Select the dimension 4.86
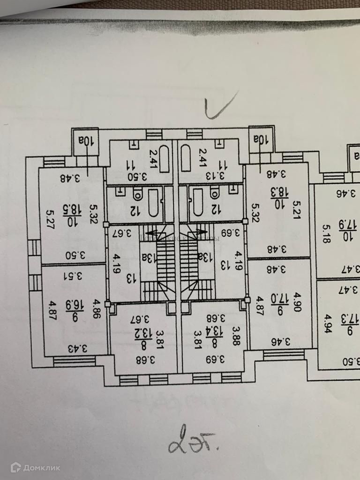pos(97,308)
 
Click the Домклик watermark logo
pos(36,467)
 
